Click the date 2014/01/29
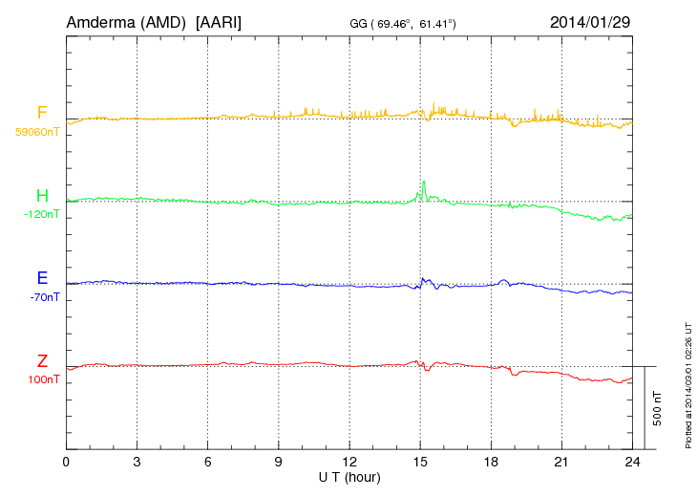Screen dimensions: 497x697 (x=590, y=20)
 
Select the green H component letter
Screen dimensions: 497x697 (x=42, y=197)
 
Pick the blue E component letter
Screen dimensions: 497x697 (x=42, y=279)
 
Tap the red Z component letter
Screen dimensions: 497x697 (x=42, y=361)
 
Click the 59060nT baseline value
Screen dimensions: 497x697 (x=37, y=132)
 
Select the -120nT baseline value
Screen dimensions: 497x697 (x=41, y=215)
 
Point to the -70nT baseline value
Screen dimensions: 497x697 (x=44, y=297)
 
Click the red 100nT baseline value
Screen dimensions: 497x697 (x=43, y=379)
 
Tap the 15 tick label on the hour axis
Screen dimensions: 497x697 (x=419, y=462)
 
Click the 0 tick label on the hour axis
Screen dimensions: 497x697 (x=66, y=462)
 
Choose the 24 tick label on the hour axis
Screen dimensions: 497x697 (x=632, y=462)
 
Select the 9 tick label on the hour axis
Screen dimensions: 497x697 (x=278, y=462)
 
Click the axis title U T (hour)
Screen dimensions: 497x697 (x=349, y=476)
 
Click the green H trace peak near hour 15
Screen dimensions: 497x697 (x=423, y=182)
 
